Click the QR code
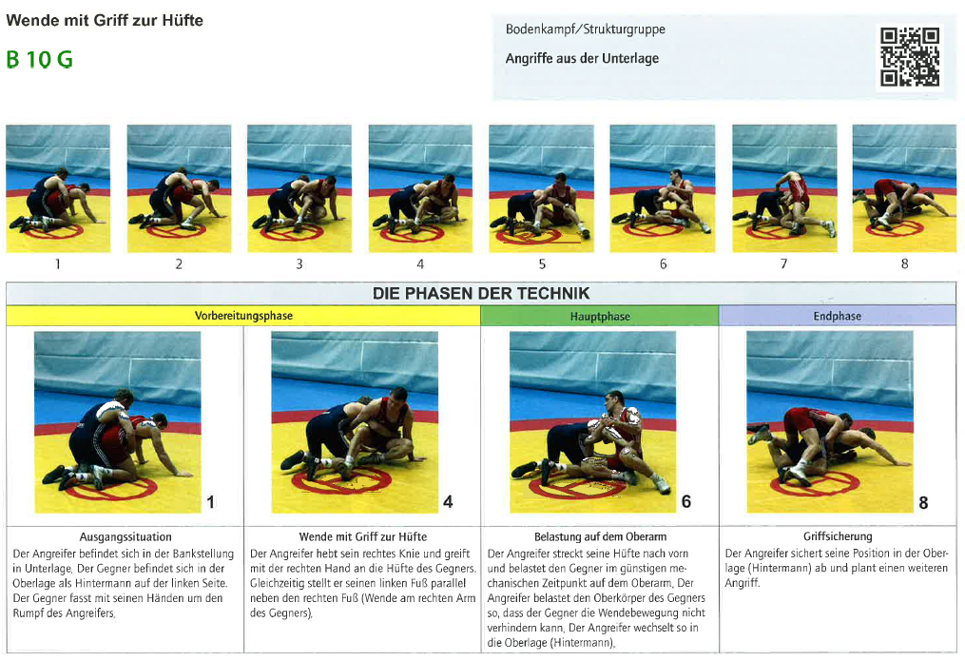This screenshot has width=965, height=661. [x=910, y=57]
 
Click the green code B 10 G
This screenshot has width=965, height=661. [x=39, y=60]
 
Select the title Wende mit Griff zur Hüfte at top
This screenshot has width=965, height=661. [x=105, y=20]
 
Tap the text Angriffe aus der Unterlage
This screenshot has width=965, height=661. [x=582, y=58]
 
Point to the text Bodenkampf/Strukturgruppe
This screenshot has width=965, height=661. [x=586, y=29]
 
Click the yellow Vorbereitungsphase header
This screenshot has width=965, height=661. [x=243, y=316]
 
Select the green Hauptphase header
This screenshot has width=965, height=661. [x=600, y=317]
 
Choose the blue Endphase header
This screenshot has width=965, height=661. [x=837, y=316]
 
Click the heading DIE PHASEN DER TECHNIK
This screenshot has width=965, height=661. [x=481, y=293]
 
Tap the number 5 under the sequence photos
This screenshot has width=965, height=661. [x=542, y=264]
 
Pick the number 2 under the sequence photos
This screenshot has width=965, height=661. [x=179, y=264]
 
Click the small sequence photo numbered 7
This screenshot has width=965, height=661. [x=784, y=188]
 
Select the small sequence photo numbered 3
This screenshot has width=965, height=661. [x=299, y=188]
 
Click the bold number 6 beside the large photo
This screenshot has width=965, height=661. [x=686, y=501]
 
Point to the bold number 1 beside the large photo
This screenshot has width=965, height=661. [x=210, y=502]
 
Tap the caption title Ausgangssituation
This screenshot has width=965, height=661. [x=125, y=536]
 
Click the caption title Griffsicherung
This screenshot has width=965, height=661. [x=838, y=536]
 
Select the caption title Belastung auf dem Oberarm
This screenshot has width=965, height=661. [x=600, y=536]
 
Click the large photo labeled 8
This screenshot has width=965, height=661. [x=830, y=422]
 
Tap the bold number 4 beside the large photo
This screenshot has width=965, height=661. [x=448, y=502]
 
